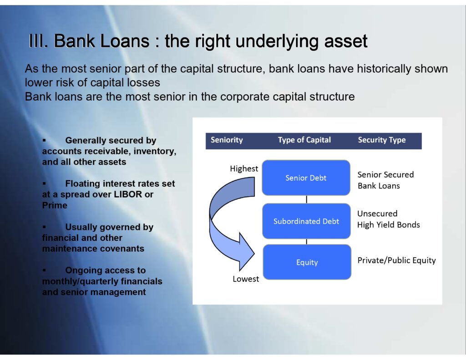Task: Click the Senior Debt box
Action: [306, 177]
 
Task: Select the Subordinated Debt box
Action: [306, 221]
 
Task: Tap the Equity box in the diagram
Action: [307, 262]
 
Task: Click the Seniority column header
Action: [227, 140]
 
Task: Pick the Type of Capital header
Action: [304, 140]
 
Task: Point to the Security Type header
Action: [382, 140]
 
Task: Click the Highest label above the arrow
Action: [244, 168]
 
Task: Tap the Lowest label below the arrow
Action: [246, 279]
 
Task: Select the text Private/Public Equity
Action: [396, 260]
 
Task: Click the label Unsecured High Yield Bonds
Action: [389, 219]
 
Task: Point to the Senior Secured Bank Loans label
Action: [386, 180]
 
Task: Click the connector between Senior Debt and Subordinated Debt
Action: [306, 199]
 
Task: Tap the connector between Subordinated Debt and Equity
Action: [306, 241]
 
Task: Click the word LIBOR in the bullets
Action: [128, 194]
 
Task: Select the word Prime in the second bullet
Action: [55, 205]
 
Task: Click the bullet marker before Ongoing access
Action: [44, 270]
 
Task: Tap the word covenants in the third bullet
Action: [123, 248]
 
